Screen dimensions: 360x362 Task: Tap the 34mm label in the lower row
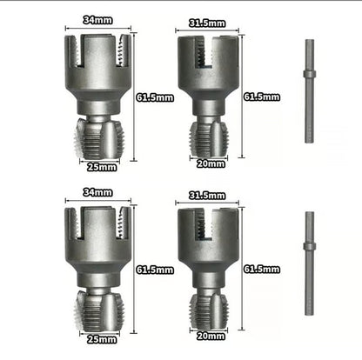point(97,192)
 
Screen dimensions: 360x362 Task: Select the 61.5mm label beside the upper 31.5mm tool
point(261,97)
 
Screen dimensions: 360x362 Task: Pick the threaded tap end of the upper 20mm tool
point(209,137)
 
